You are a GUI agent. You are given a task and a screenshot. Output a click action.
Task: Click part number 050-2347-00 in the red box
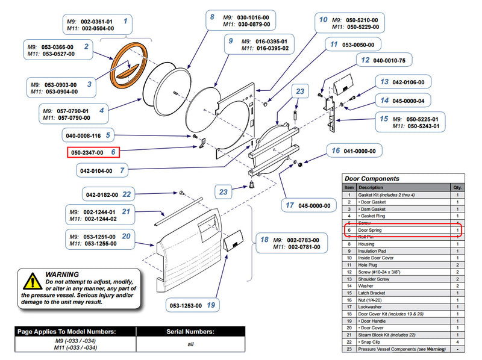[x=88, y=153]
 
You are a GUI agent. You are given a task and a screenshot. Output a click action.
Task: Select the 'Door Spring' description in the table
[x=371, y=231]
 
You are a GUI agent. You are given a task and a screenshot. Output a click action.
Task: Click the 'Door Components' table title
[x=371, y=179]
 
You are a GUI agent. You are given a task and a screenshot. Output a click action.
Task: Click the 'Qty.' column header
[x=458, y=188]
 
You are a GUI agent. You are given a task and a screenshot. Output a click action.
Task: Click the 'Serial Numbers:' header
[x=190, y=332]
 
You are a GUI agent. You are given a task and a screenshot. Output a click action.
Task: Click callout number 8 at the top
[x=212, y=17]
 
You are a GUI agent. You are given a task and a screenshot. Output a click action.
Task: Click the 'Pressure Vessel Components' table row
[x=402, y=349]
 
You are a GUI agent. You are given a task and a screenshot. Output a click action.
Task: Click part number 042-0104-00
[x=96, y=171]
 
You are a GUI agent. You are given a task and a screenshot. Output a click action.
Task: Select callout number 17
[x=290, y=205]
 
